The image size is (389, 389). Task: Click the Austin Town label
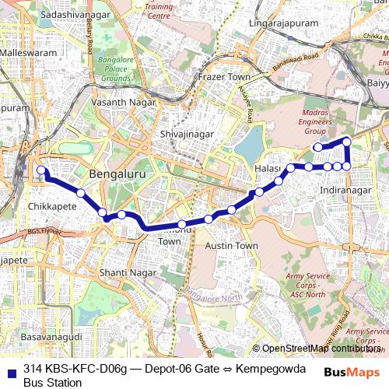pyautogui.click(x=231, y=245)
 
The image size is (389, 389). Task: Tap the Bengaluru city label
pyautogui.click(x=117, y=175)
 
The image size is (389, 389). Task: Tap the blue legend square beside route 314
pyautogui.click(x=12, y=370)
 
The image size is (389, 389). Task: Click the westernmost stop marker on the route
pyautogui.click(x=41, y=170)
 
